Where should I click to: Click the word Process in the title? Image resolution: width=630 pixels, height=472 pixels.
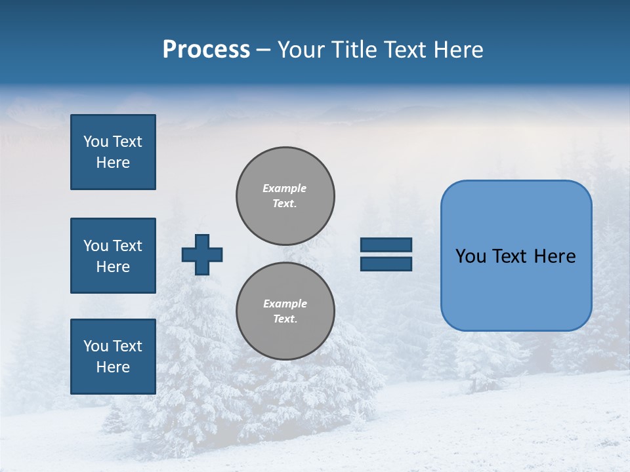pos(206,50)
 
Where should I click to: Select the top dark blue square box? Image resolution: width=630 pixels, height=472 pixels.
pos(113,152)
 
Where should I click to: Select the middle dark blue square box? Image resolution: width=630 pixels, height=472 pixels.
pos(113,256)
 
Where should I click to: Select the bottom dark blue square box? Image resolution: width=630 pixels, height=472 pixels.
pos(113,357)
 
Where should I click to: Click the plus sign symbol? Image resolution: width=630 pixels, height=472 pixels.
pos(202,254)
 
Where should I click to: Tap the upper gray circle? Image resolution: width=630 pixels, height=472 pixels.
pos(285,195)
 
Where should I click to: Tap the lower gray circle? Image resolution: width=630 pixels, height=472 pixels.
pos(285,311)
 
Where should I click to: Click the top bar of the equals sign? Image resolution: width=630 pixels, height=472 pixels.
pos(386,245)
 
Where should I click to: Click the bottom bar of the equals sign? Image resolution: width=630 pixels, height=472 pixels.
pos(386,264)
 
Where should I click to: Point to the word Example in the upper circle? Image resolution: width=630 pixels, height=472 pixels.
pos(284,188)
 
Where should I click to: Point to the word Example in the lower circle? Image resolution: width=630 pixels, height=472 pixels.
pos(285,304)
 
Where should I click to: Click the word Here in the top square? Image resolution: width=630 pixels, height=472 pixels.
pos(113,163)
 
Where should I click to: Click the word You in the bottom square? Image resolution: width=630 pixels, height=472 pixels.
pos(95,346)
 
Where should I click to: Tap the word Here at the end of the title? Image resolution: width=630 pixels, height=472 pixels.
pos(458,50)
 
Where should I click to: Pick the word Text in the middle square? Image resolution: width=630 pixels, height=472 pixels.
pos(127,246)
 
